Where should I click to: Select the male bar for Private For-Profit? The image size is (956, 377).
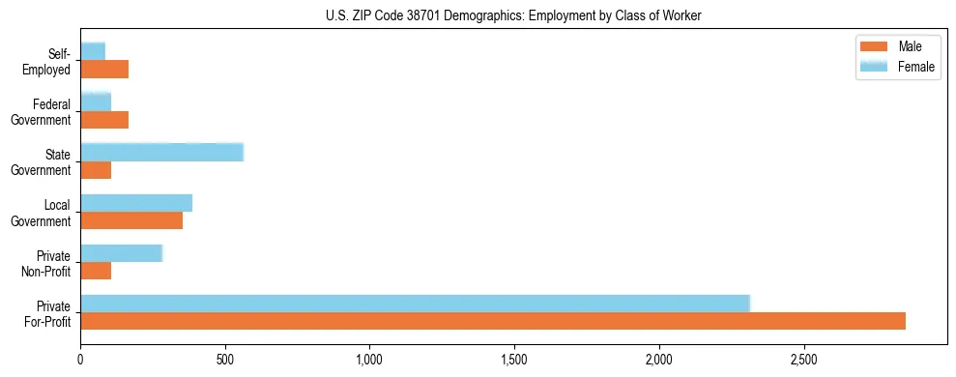point(493,321)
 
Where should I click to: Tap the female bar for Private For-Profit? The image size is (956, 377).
point(415,303)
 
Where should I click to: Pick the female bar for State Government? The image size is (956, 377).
point(161,152)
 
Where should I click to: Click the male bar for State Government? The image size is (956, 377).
point(96,170)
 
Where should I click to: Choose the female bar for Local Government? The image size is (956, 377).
point(136,202)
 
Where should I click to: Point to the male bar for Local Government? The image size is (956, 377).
point(131,220)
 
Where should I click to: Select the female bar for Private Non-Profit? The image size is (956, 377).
point(121,252)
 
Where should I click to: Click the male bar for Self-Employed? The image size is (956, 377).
point(104,70)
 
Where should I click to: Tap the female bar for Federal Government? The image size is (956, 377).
point(96,101)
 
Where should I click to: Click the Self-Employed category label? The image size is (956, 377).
point(49,61)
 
